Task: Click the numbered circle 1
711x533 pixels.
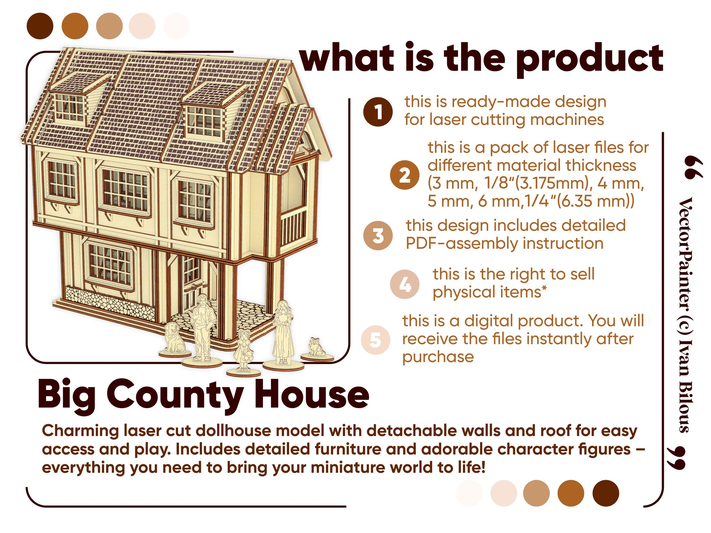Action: pos(378,112)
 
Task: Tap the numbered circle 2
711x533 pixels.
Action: pos(404,175)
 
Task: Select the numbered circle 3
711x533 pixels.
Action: pos(378,235)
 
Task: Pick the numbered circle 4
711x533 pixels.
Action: pos(404,284)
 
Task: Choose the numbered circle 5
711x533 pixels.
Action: pos(376,340)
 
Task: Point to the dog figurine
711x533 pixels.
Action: pos(175,340)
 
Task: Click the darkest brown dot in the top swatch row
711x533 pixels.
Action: pos(40,26)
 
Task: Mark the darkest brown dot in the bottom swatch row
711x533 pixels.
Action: pos(605,493)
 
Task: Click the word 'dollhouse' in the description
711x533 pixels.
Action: pos(260,431)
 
